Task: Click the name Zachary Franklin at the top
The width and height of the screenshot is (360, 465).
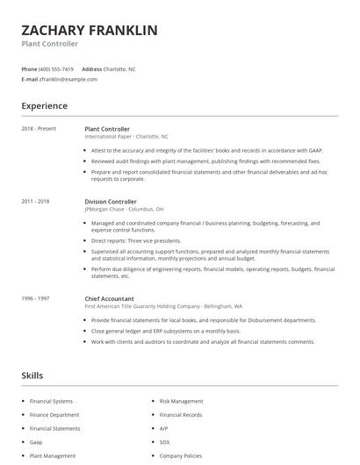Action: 90,30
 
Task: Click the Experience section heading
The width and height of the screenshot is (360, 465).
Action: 44,106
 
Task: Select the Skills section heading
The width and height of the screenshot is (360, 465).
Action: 32,376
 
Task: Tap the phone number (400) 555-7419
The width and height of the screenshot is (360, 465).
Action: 56,68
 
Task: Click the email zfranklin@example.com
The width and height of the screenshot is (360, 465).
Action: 68,79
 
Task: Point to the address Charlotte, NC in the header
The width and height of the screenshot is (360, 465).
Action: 120,68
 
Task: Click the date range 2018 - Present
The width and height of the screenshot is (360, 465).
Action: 39,129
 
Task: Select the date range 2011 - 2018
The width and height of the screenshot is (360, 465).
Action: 35,201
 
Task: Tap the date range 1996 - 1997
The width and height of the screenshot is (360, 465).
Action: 35,298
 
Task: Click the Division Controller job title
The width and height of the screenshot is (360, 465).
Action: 112,201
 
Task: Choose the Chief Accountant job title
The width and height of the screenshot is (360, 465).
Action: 111,298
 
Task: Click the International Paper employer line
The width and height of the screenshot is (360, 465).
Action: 126,137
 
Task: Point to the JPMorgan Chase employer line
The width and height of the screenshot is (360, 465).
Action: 124,209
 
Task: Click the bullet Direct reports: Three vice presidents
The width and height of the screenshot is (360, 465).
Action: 136,240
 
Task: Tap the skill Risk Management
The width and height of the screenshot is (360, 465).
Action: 181,401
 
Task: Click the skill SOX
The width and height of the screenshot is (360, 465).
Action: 165,443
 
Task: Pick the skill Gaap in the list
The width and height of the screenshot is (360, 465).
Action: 37,443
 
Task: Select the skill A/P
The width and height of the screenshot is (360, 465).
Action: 164,429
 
